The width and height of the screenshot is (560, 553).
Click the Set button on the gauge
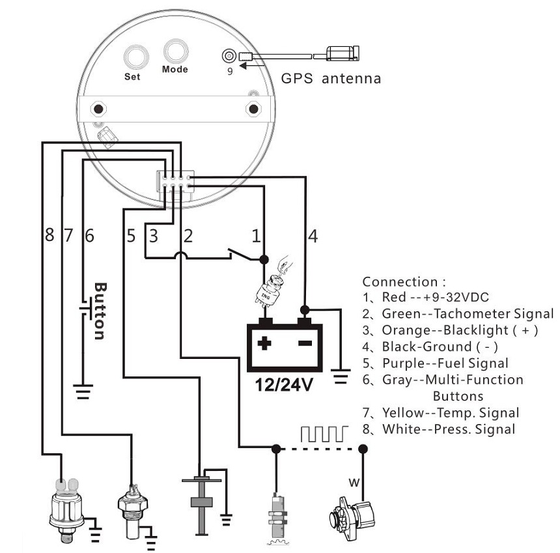point(136,57)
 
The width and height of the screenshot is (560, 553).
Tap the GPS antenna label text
point(331,79)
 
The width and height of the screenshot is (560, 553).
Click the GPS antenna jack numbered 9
point(229,56)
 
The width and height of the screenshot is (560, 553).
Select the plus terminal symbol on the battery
point(264,343)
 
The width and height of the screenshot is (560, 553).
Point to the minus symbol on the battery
point(305,343)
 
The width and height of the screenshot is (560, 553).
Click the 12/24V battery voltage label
point(284,385)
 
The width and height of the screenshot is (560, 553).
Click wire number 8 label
point(49,235)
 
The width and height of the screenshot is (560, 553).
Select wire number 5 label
point(131,236)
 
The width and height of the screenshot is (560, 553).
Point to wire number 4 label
point(313,236)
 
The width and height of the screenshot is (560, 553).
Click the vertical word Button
point(100,311)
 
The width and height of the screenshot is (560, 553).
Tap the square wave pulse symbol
point(324,434)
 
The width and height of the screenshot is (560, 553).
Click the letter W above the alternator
point(354,483)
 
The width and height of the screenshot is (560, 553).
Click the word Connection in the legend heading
point(400,282)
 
